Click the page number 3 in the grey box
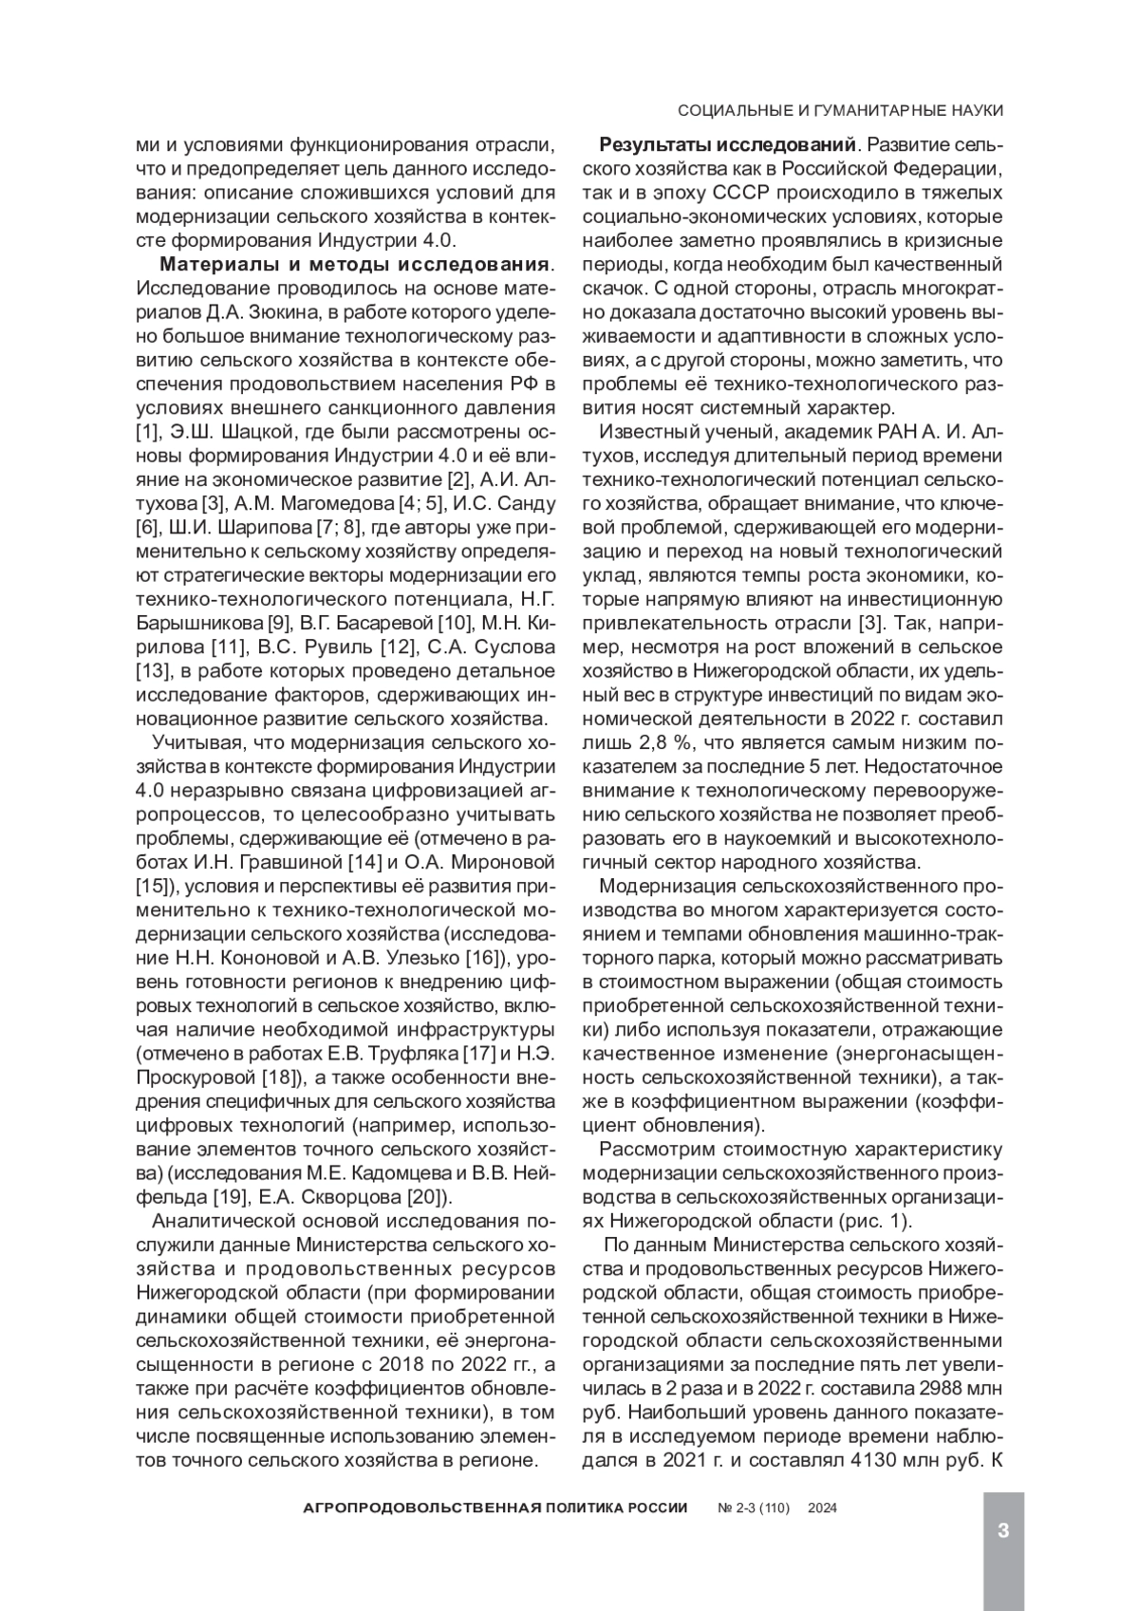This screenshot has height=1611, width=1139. coord(1002,1530)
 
